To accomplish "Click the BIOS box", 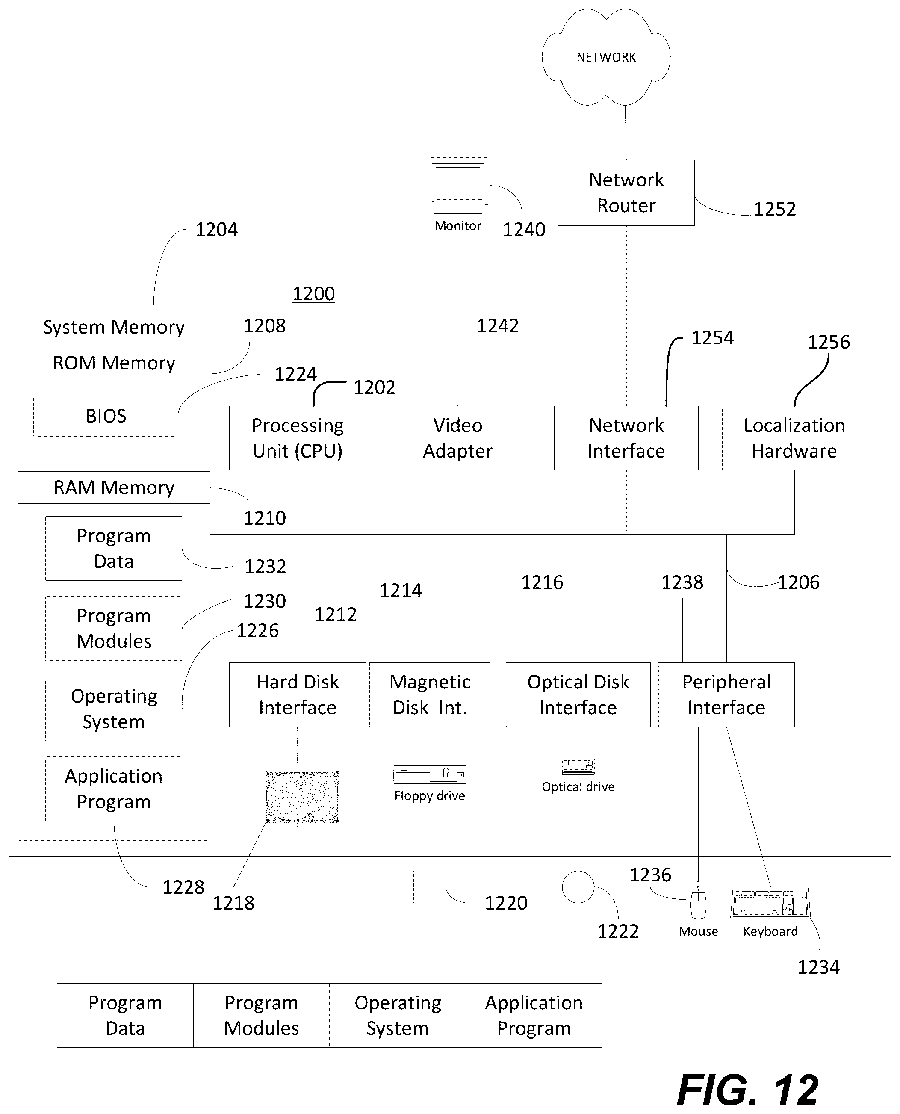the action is [x=106, y=416].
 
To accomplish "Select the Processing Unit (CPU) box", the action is [x=298, y=438].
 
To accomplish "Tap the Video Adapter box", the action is [x=458, y=438].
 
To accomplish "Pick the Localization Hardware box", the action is [x=794, y=438].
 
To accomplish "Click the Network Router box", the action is [x=626, y=193].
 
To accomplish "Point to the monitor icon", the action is [x=458, y=186].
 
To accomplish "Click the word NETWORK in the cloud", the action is [x=606, y=57].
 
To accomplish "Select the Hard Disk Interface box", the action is [x=298, y=694].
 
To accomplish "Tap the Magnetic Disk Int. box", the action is [x=430, y=694].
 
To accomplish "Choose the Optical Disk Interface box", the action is [x=578, y=694].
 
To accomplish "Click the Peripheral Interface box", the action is [x=726, y=694].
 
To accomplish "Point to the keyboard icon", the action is [x=770, y=902].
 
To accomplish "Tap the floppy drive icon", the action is [x=430, y=775].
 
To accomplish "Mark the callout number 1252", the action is [x=775, y=209].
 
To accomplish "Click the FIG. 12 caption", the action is [x=748, y=1090].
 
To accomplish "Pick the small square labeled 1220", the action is [x=430, y=887].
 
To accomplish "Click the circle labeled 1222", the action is [x=578, y=887].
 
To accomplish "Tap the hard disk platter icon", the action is [x=303, y=797].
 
